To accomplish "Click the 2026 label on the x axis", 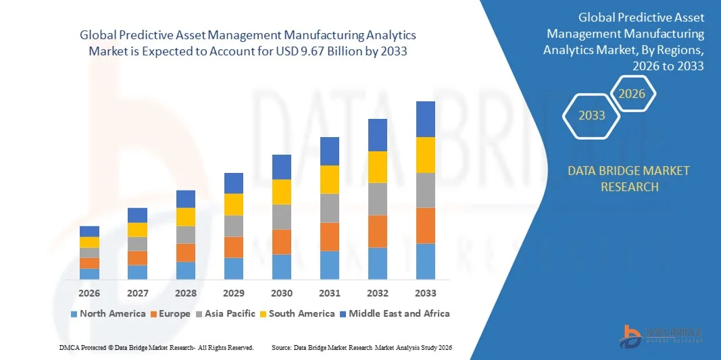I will (x=89, y=293).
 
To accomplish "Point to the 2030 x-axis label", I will (x=282, y=293).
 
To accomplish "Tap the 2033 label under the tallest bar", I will (x=426, y=293).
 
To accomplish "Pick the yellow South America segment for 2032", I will (x=378, y=167).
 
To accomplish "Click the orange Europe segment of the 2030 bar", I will (x=282, y=242).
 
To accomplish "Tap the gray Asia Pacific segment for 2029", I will (x=234, y=226).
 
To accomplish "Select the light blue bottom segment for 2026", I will (x=89, y=274).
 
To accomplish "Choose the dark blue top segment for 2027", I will (x=137, y=215).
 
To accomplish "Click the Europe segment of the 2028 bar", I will (x=186, y=253).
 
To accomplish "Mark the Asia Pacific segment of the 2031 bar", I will (x=330, y=208).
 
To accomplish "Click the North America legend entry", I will (x=108, y=313).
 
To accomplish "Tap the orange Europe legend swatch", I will (x=153, y=314).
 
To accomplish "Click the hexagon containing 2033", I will (x=592, y=115).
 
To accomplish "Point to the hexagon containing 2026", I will (x=632, y=94).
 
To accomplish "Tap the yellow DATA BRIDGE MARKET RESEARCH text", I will (x=629, y=178).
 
